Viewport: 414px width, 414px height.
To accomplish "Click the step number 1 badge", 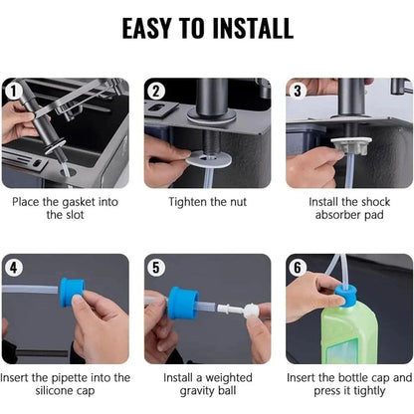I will coord(12,91).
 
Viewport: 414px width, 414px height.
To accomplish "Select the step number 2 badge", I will coord(156,91).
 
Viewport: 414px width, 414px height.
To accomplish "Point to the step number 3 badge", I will coord(298,91).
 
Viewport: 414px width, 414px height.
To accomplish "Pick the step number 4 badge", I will coord(12,267).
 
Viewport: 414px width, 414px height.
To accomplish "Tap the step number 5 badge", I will coord(156,267).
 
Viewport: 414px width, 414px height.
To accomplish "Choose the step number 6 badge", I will coord(298,267).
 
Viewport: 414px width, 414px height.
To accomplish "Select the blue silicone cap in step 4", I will coord(71,292).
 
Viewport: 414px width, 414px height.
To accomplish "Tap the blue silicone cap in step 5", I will coord(182,302).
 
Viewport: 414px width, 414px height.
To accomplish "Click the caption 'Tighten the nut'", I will coord(207,202).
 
